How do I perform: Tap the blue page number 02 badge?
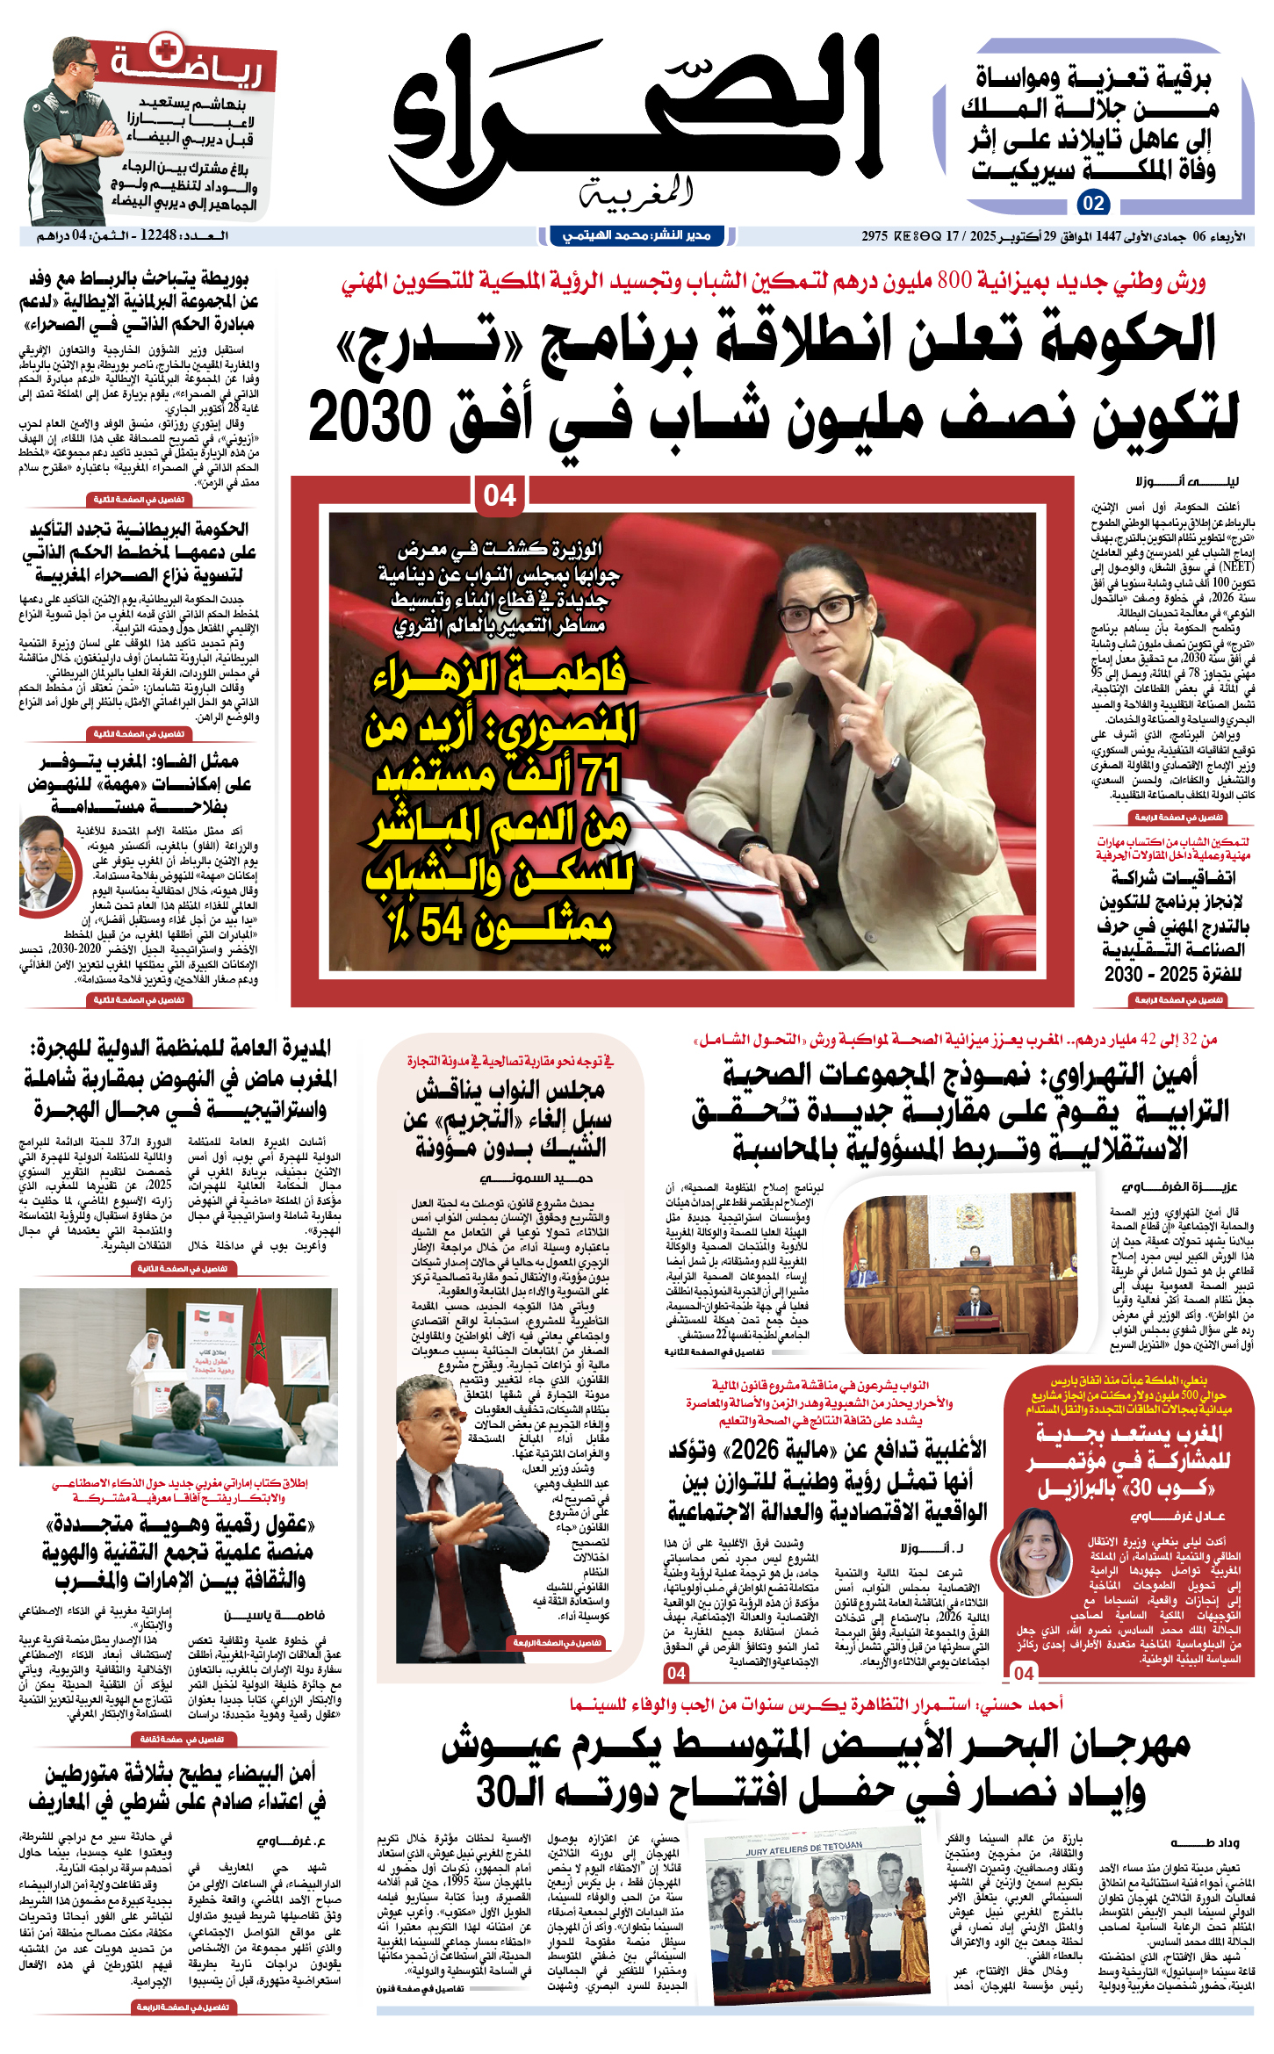point(1093,204)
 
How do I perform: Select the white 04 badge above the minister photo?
point(500,495)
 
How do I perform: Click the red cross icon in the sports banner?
point(163,50)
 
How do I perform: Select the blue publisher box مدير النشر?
point(637,235)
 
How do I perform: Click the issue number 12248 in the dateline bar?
point(159,236)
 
